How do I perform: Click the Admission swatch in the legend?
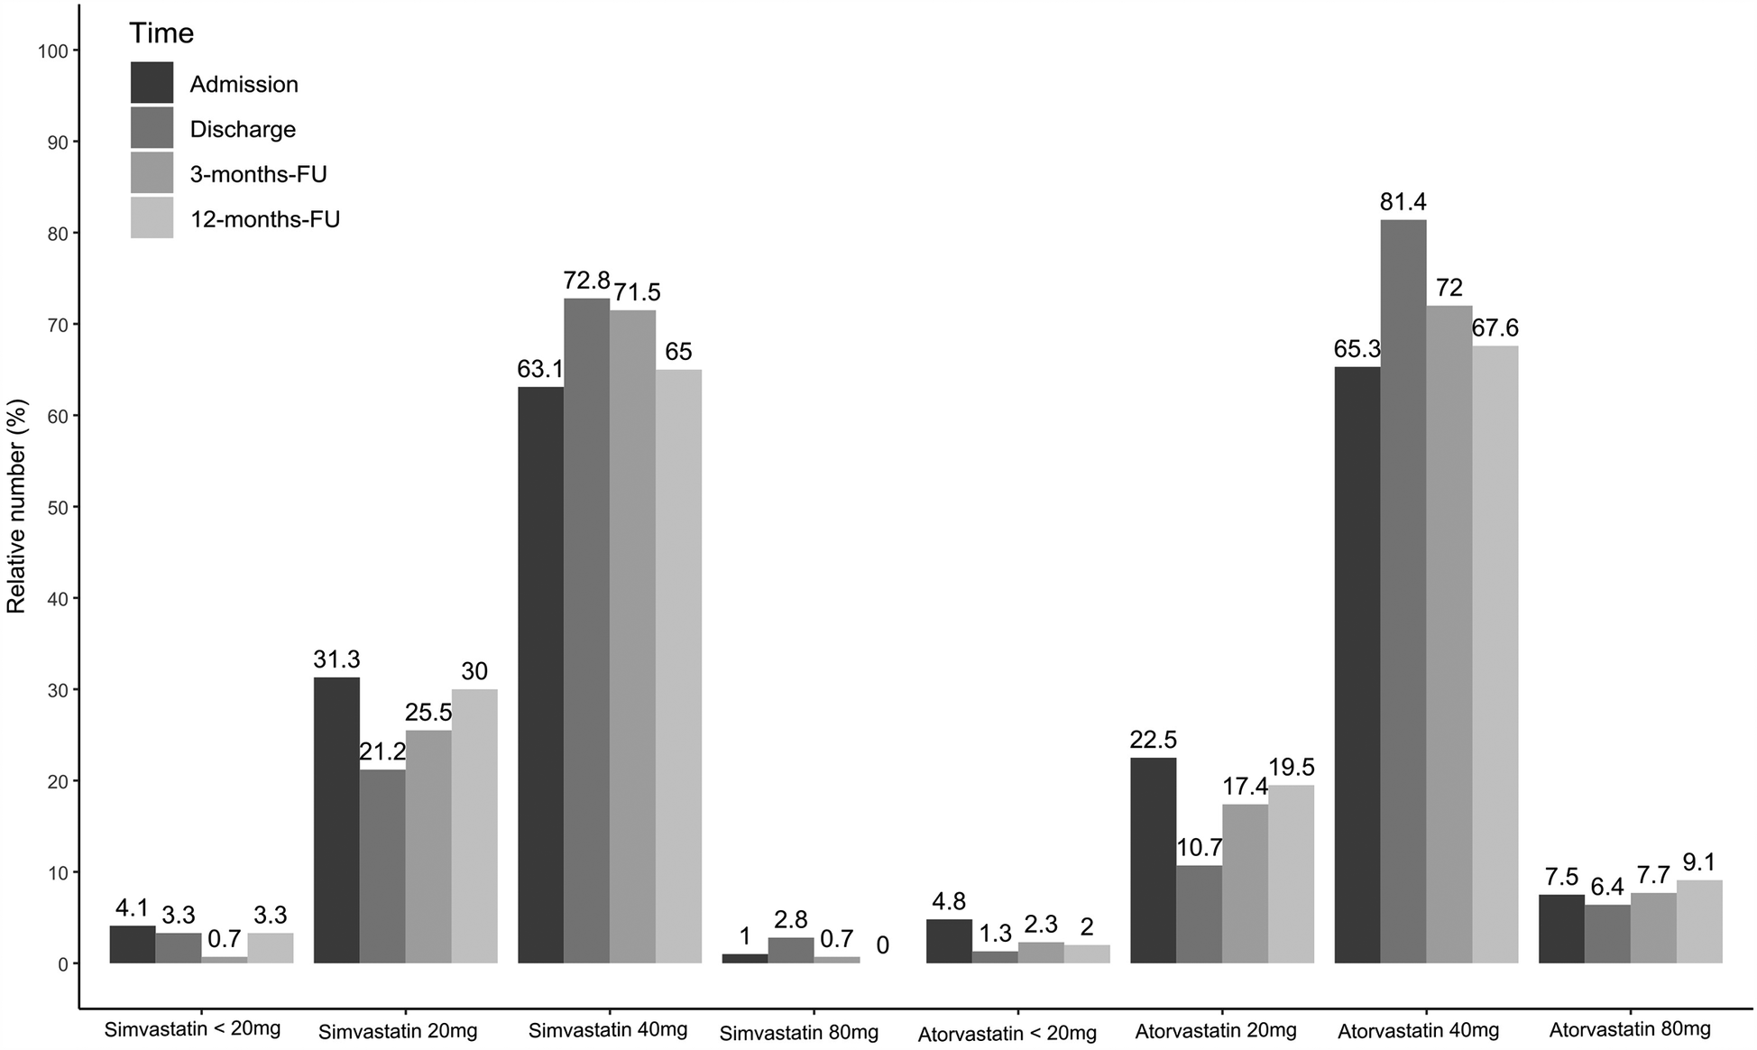click(152, 83)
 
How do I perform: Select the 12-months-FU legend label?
click(264, 219)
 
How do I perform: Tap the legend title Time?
click(161, 33)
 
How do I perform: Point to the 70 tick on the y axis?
click(55, 325)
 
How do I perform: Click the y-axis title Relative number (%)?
click(17, 507)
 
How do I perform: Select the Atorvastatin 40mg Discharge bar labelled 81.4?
click(1403, 591)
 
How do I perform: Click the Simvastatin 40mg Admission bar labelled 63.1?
click(540, 675)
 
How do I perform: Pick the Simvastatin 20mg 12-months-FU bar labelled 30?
click(474, 825)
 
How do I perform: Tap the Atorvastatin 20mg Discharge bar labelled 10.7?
click(1199, 914)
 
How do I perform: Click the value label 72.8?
click(586, 281)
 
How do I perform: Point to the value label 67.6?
click(1495, 328)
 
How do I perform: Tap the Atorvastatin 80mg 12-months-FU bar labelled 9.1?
click(1699, 921)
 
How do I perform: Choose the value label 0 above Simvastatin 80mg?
click(882, 944)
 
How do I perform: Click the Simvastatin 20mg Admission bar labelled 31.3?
click(336, 820)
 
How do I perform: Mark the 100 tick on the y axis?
click(52, 51)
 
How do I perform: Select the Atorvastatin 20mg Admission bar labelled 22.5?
click(1153, 860)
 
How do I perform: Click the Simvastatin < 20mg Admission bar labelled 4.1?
click(133, 944)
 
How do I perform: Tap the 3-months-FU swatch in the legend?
click(152, 173)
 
